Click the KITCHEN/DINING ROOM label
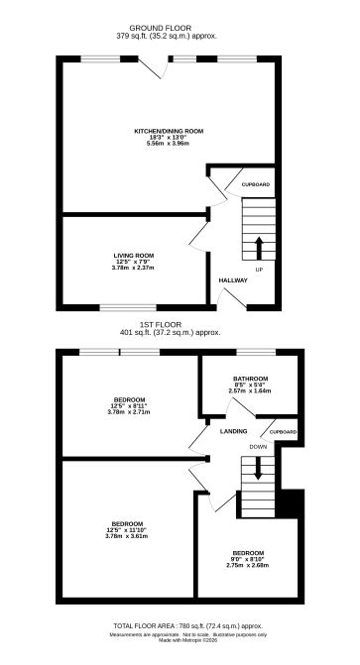click(169, 130)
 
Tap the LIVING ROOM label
click(133, 256)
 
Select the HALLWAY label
click(234, 280)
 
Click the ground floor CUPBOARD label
click(256, 184)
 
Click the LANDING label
click(234, 431)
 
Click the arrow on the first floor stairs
click(258, 470)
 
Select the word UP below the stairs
click(259, 269)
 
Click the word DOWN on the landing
click(259, 447)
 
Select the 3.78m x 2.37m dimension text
click(133, 268)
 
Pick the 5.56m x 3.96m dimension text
click(169, 144)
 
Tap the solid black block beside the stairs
click(290, 502)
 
